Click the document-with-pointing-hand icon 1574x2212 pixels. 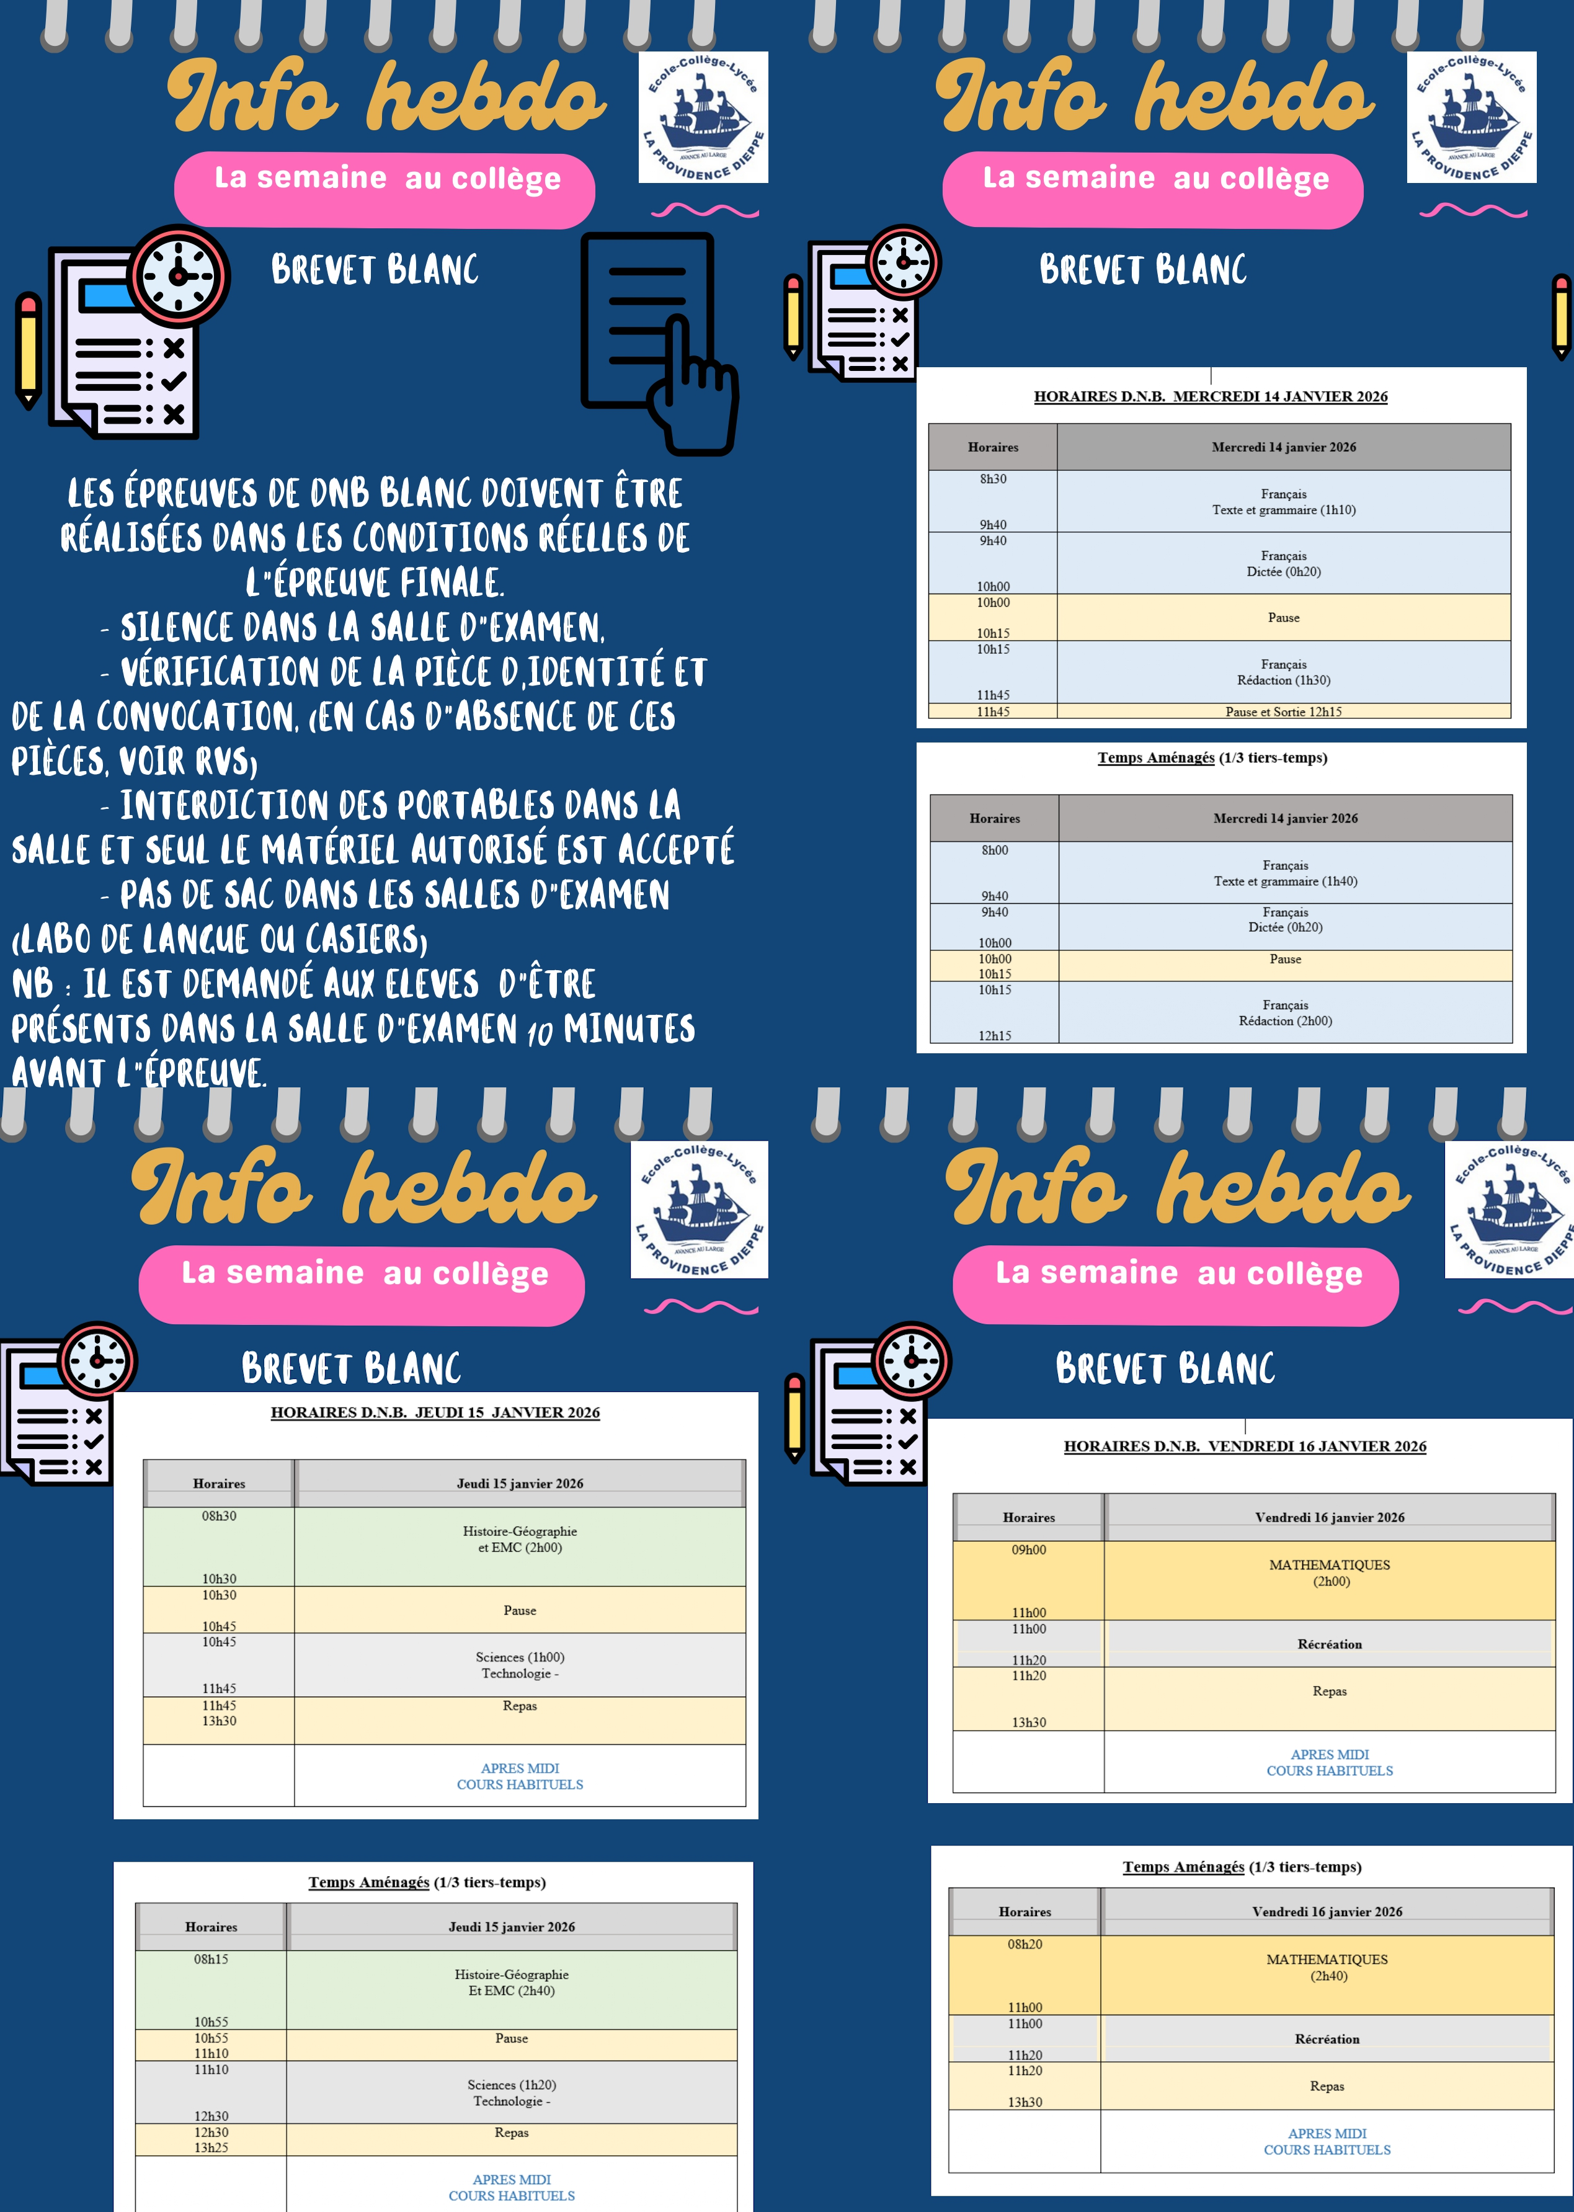(659, 342)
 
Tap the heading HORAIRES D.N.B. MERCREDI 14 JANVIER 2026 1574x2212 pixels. (1211, 396)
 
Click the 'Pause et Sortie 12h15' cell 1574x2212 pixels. (1283, 711)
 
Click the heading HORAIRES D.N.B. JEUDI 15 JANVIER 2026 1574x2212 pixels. (435, 1412)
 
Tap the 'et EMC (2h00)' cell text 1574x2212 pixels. (520, 1547)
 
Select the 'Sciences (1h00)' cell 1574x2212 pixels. (520, 1657)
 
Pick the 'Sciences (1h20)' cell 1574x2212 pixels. (512, 2084)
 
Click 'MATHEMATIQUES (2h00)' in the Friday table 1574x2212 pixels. (1330, 1572)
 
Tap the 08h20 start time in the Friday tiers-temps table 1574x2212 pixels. (1025, 1943)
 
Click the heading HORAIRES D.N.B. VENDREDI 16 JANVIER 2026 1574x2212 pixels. (1245, 1446)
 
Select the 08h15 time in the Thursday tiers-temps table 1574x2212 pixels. (211, 1959)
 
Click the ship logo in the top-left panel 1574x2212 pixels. (704, 117)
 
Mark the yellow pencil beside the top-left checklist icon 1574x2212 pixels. (28, 350)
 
